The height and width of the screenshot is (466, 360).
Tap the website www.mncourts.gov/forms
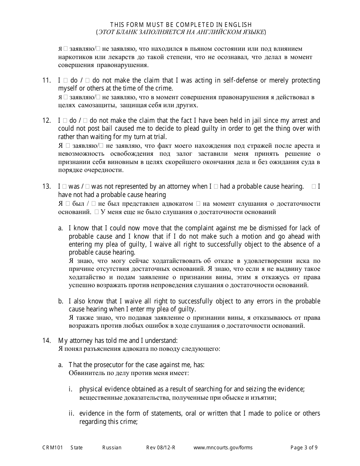tap(223, 447)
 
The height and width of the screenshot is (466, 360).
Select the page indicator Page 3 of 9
tap(304, 447)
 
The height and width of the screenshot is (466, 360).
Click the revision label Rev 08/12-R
tap(161, 447)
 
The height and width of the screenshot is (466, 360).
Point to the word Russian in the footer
tap(112, 447)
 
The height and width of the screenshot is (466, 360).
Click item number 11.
tap(46, 80)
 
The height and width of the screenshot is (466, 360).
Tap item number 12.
tap(46, 120)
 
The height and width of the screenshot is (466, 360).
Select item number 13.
tap(46, 186)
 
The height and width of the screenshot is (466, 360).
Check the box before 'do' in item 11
tap(65, 80)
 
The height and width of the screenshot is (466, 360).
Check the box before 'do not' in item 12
tap(85, 120)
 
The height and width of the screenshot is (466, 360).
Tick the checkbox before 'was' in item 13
tap(65, 186)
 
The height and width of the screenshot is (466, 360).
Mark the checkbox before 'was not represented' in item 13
tap(88, 186)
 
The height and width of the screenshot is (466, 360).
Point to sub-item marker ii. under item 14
tap(71, 413)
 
